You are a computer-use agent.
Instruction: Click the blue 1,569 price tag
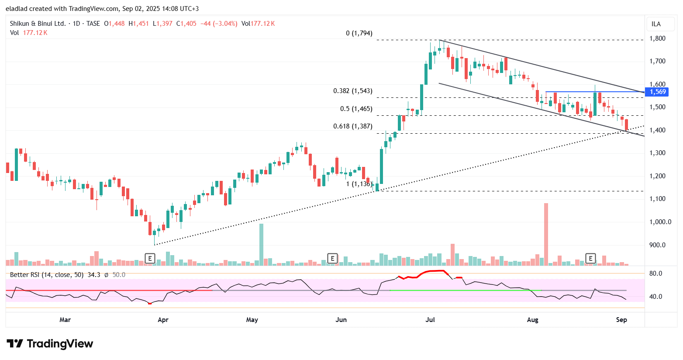pos(657,92)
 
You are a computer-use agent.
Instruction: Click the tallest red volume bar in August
pos(546,234)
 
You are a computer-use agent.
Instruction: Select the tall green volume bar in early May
pos(261,245)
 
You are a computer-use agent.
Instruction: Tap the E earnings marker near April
pos(150,258)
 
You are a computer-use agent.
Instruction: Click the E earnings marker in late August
pos(590,258)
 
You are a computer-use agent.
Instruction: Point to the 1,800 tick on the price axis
pos(657,38)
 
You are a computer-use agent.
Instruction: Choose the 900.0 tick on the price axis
pos(657,245)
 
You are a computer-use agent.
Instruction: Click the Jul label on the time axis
pos(430,320)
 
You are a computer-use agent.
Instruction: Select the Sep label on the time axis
pos(621,320)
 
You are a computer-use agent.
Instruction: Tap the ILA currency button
pos(656,24)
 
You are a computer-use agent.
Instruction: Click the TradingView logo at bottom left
pos(50,344)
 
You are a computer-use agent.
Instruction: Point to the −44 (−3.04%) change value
pos(218,24)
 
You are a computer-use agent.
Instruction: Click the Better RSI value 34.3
pos(94,275)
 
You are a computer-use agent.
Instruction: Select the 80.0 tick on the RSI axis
pos(656,273)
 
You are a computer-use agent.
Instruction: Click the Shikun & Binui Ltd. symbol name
pos(38,24)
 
